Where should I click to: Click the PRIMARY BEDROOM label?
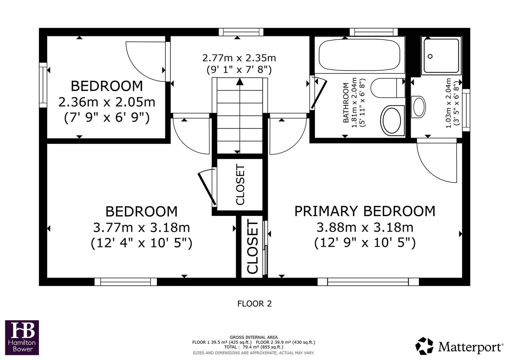365,211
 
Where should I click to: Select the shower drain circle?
430,56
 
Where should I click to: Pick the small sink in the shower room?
419,107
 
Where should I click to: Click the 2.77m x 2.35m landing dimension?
239,58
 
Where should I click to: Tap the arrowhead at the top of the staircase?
239,82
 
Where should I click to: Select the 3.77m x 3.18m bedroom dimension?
141,228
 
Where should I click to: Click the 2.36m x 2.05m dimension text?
107,102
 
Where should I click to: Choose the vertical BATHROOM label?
346,103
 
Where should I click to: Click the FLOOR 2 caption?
254,304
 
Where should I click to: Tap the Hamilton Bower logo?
22,337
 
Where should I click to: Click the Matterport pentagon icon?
424,346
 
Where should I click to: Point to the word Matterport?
470,347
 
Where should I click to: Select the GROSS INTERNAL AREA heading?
253,337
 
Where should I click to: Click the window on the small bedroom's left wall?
43,85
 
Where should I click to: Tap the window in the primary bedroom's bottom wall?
368,282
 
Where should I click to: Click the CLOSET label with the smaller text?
240,185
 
